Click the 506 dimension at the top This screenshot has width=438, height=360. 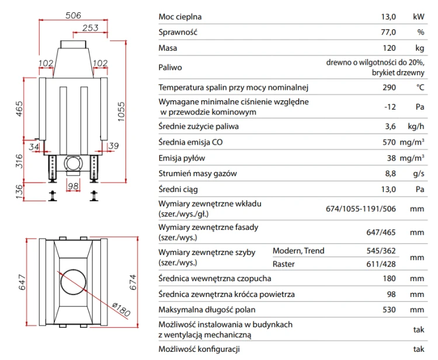pos(73,15)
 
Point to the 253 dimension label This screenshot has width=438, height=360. pos(90,27)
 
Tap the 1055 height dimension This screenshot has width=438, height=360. pos(121,111)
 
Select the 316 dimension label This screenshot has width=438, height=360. pos(19,161)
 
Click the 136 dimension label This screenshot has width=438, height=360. pos(19,192)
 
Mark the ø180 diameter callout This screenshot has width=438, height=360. pos(121,309)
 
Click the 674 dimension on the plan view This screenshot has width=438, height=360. pos(133,282)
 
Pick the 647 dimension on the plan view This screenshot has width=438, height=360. pos(22,282)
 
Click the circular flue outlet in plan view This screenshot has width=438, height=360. pos(73,282)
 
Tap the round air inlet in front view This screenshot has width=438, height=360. pos(73,163)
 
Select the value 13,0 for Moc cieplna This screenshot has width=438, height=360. pos(388,17)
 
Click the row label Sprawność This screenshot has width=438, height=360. pos(178,32)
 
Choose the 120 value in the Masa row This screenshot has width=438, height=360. pos(389,48)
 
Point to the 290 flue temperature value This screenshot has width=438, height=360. pos(389,88)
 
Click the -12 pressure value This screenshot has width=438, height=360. pos(390,107)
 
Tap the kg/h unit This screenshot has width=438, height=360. pos(416,127)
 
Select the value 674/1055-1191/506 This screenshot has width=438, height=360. pos(361,209)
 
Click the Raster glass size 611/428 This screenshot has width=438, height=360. pos(381,264)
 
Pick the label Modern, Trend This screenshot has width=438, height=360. pos(298,251)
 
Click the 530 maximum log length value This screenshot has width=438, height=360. pos(389,310)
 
